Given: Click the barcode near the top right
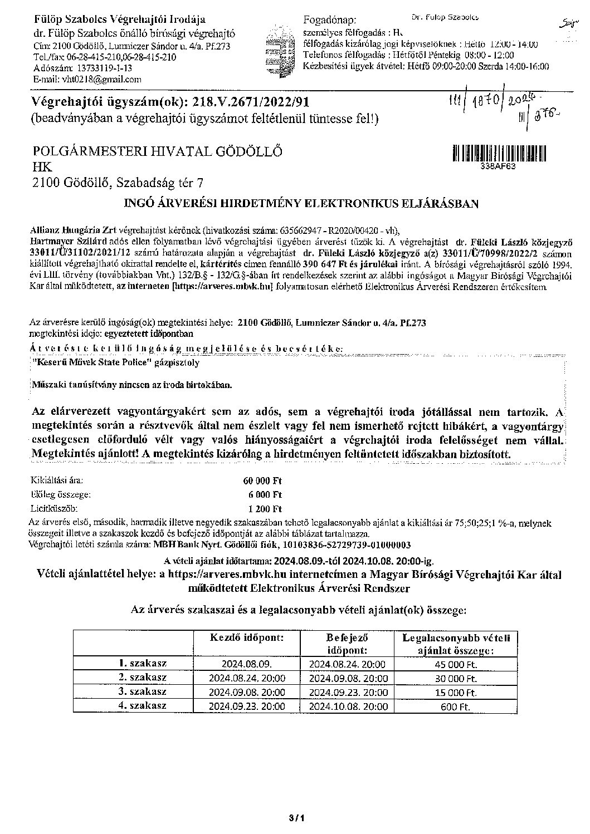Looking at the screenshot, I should click(x=499, y=153).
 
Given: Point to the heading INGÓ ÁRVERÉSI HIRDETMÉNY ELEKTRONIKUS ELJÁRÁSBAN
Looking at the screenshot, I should click(x=301, y=204).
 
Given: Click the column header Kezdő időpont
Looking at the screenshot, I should click(x=246, y=637).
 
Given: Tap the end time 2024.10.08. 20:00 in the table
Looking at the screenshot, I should click(x=348, y=706).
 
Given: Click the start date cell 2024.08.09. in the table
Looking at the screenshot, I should click(x=246, y=664).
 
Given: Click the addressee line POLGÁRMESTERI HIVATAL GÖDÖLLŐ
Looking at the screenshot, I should click(x=158, y=151).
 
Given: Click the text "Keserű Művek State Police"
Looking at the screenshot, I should click(x=92, y=362).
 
